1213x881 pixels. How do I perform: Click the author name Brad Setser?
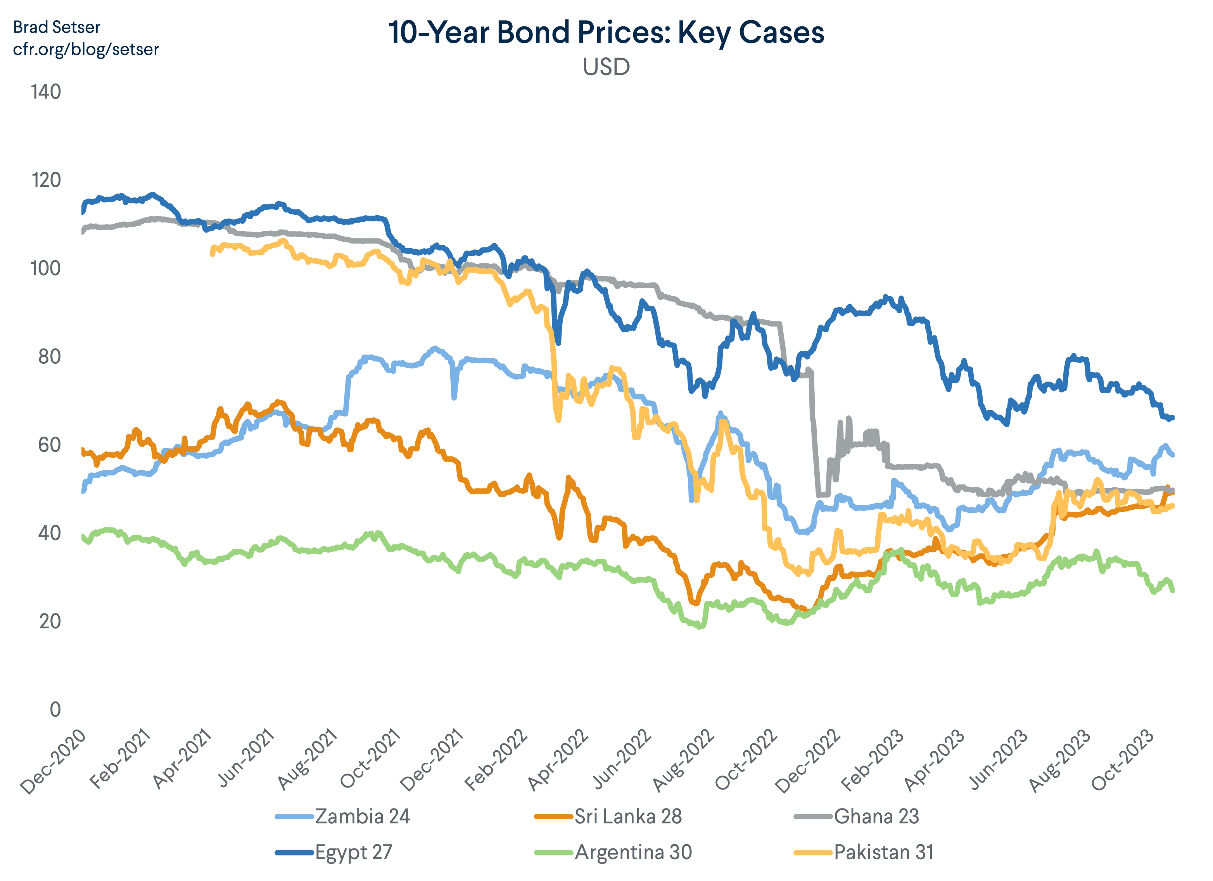(x=56, y=27)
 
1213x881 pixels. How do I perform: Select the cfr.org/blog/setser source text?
(x=86, y=49)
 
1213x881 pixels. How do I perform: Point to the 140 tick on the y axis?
(x=46, y=92)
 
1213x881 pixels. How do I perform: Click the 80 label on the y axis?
(x=49, y=356)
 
